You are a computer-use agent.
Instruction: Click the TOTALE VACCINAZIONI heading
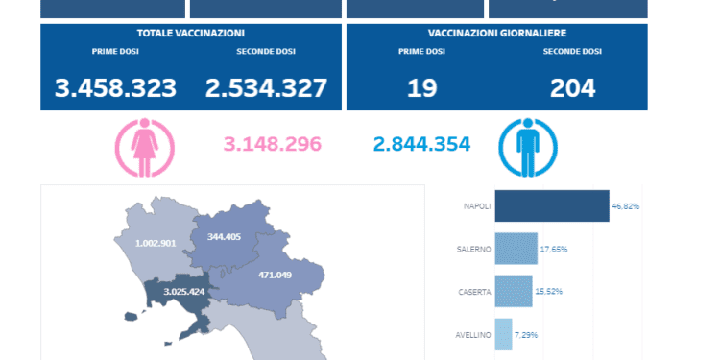(190, 33)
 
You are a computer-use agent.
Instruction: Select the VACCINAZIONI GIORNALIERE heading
(496, 33)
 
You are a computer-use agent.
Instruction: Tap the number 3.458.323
(116, 88)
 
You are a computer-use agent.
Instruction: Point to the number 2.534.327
(266, 88)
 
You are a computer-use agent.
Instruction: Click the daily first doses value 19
(422, 88)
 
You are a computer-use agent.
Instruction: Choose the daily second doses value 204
(572, 88)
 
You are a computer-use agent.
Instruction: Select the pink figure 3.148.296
(272, 145)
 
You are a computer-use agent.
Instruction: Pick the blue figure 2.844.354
(421, 145)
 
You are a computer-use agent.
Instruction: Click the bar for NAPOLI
(551, 205)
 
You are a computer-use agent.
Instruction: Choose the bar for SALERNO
(516, 249)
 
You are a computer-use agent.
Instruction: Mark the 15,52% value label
(552, 292)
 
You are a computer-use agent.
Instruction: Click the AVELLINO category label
(474, 335)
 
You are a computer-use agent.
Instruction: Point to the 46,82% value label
(626, 205)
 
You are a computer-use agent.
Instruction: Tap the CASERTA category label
(474, 292)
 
